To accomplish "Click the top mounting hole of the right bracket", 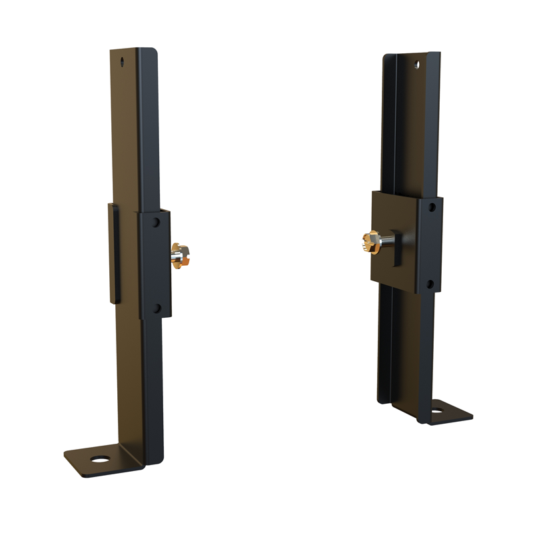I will tap(416, 64).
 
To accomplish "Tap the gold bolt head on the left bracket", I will tap(180, 257).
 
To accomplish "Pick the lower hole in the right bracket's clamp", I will tap(430, 284).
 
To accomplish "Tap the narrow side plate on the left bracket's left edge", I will tap(114, 253).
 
